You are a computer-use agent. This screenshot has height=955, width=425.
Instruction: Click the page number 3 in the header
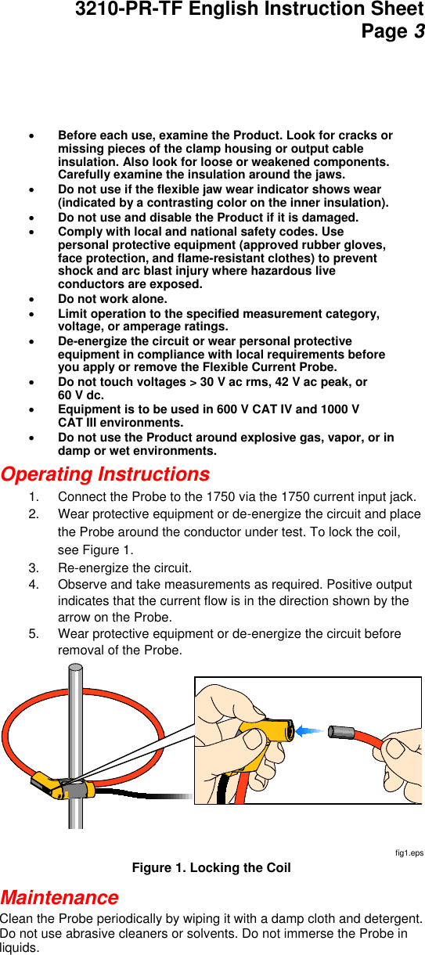coord(419,32)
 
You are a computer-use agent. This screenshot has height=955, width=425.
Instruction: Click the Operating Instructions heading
coord(105,474)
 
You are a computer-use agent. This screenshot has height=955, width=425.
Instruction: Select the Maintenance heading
coord(59,897)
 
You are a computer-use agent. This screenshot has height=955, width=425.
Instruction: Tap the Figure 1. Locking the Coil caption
coord(211,867)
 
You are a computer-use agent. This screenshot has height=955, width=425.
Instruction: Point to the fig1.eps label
coord(409,852)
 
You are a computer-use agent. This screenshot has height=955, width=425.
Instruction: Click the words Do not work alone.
coord(112,299)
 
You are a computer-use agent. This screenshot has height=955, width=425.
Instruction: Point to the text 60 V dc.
coord(81,395)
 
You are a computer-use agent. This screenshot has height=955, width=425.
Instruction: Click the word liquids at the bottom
coord(19,948)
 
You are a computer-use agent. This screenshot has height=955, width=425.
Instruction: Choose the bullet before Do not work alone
coord(31,299)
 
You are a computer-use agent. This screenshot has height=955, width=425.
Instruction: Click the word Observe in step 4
coord(81,585)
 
